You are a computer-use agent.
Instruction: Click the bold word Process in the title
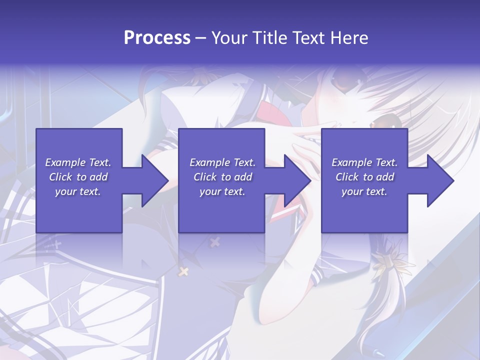157,37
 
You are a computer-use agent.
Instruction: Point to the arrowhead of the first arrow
155,180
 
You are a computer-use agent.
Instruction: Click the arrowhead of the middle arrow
298,180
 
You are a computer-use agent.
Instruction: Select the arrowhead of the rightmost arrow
440,180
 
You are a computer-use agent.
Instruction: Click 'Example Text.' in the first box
78,162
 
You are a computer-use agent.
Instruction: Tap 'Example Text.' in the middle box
222,162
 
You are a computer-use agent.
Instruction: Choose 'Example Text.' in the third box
364,162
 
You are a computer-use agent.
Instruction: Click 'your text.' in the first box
78,191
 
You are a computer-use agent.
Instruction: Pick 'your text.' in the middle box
222,191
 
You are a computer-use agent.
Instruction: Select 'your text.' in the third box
364,191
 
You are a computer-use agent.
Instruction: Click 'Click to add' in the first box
78,177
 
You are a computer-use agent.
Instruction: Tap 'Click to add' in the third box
364,177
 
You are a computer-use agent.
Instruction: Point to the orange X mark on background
183,272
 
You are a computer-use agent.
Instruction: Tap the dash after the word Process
201,38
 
